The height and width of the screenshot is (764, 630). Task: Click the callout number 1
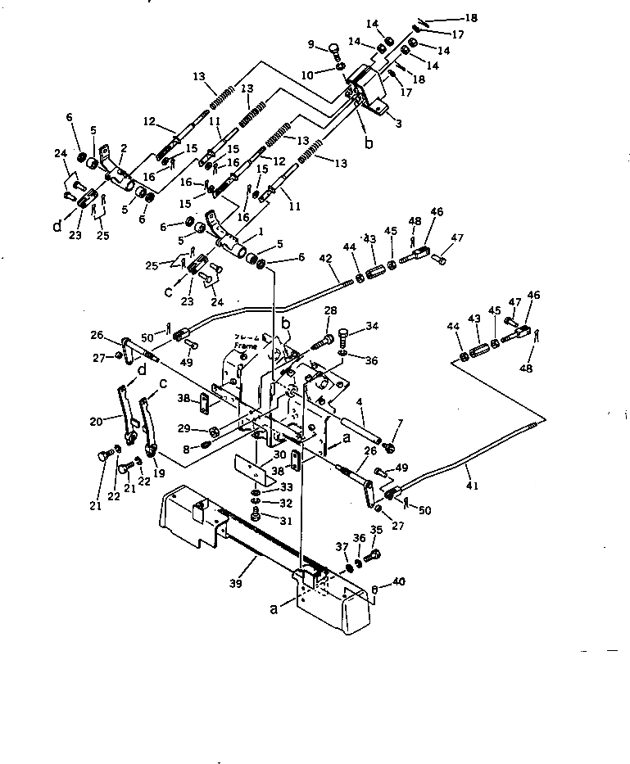tap(261, 232)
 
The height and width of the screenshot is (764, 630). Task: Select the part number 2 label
tap(123, 147)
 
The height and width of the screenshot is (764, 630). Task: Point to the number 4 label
tap(359, 402)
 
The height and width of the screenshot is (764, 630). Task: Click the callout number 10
tap(308, 75)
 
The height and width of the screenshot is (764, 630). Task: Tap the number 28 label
tap(331, 310)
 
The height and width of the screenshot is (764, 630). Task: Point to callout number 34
tap(373, 328)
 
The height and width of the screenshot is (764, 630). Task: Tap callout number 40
tap(399, 582)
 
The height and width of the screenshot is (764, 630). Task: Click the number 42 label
tap(325, 258)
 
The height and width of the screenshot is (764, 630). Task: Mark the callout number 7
tap(399, 423)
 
